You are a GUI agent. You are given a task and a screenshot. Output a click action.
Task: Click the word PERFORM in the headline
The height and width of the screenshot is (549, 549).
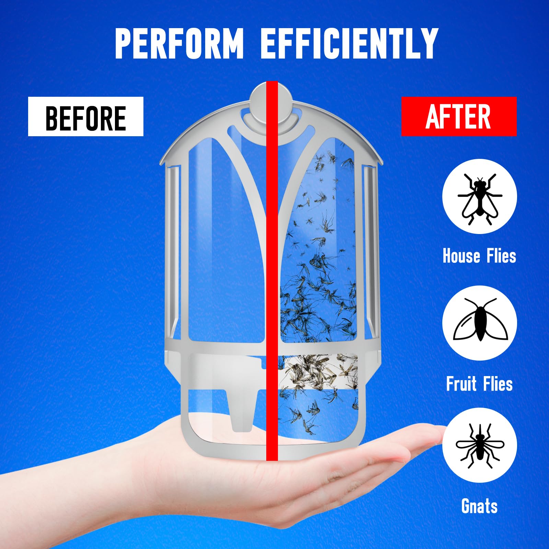pyautogui.click(x=179, y=44)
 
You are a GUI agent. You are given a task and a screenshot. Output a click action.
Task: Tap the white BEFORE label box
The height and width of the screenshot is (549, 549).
pyautogui.click(x=86, y=116)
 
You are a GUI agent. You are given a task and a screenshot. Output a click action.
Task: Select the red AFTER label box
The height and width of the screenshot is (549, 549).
pyautogui.click(x=459, y=116)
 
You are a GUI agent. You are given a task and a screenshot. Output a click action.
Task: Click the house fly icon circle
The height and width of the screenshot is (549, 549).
pyautogui.click(x=479, y=196)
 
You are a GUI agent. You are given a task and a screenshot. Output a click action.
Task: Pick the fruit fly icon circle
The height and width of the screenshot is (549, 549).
pyautogui.click(x=479, y=323)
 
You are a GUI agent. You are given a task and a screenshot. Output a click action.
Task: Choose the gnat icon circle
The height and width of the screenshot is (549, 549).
pyautogui.click(x=479, y=445)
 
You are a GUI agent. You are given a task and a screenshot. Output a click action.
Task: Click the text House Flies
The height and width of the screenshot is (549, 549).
pyautogui.click(x=479, y=256)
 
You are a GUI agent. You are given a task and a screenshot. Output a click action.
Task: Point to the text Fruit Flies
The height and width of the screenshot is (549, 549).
pyautogui.click(x=479, y=384)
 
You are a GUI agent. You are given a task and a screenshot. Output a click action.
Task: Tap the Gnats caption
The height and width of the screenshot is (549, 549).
pyautogui.click(x=479, y=506)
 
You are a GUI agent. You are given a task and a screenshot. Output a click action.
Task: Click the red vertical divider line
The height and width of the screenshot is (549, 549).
pyautogui.click(x=272, y=271)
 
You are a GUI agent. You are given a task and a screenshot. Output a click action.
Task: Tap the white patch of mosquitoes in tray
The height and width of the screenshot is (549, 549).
pyautogui.click(x=318, y=372)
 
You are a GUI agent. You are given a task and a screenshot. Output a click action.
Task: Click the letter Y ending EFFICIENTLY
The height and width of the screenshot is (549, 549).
pyautogui.click(x=427, y=44)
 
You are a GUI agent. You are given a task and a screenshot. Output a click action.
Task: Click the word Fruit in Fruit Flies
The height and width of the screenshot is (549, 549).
pyautogui.click(x=462, y=384)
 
